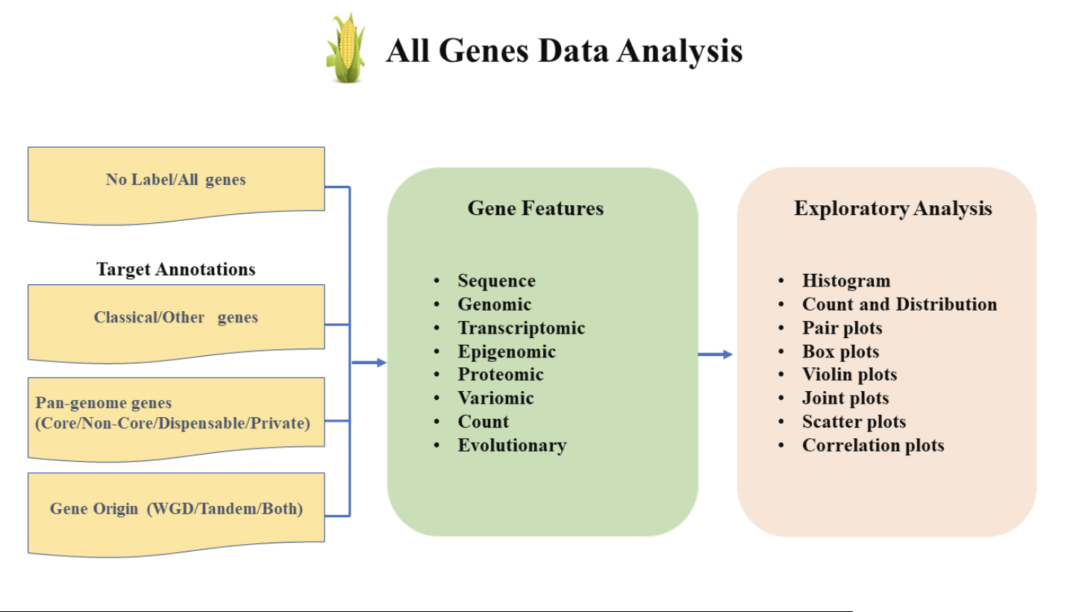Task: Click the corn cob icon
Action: coord(345,49)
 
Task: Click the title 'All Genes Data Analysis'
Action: coord(563,51)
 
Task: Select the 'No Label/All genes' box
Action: coord(176,180)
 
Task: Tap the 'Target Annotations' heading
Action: coord(176,269)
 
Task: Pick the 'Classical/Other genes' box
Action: coord(176,318)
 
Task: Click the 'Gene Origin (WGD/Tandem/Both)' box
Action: coord(176,510)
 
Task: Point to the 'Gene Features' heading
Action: coord(535,208)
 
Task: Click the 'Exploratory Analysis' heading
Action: coord(892,208)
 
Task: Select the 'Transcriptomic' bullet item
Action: coord(521,328)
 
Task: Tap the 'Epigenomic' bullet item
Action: coord(507,352)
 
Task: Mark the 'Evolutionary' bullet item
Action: coord(512,446)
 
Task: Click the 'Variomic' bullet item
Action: coord(495,399)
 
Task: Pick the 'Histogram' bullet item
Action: coord(846,281)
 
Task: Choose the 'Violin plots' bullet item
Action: coord(849,375)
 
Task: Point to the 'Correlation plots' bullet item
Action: coord(873,446)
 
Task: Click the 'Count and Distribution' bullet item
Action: coord(899,305)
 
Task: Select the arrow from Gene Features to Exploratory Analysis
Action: coord(716,355)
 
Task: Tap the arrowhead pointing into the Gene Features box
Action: coord(381,363)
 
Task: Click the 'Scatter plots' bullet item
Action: coord(854,422)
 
